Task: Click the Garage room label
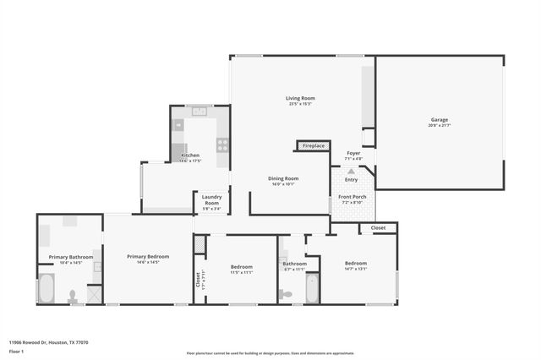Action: [x=439, y=120]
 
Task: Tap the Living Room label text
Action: [x=299, y=99]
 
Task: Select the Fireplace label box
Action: [x=314, y=146]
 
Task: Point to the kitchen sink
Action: [x=199, y=111]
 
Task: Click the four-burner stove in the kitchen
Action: [x=222, y=144]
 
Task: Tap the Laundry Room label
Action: [x=211, y=200]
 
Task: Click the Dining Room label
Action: [x=283, y=178]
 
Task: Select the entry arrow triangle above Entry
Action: [x=351, y=172]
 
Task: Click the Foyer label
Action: [x=353, y=153]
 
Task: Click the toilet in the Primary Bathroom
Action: [x=73, y=297]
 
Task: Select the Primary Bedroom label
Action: [x=148, y=257]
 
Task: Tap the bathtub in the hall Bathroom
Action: [x=312, y=288]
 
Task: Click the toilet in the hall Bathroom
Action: [x=286, y=294]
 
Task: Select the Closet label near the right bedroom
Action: [x=378, y=227]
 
